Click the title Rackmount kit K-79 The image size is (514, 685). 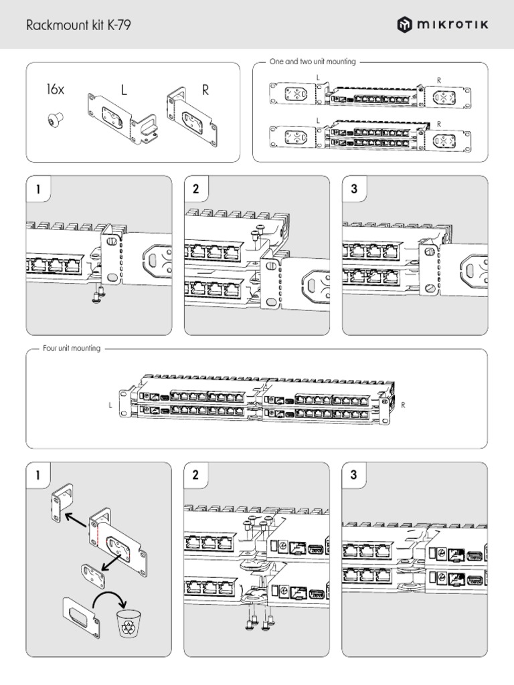(78, 26)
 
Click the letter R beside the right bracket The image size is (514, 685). (205, 90)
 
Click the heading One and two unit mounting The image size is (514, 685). (311, 62)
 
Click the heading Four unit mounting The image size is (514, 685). (72, 349)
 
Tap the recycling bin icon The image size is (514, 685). (127, 624)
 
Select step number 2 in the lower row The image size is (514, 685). (196, 476)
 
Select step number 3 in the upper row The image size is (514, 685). (354, 189)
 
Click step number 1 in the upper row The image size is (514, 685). (39, 189)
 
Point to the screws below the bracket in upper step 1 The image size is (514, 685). (98, 292)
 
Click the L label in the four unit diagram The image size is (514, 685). (110, 405)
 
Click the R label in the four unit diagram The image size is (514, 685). (403, 405)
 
